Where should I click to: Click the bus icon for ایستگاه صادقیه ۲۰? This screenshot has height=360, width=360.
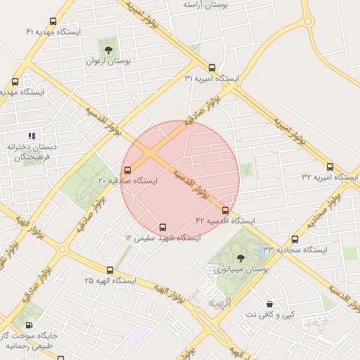(127, 170)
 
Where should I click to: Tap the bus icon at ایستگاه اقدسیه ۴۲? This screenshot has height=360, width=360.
(225, 210)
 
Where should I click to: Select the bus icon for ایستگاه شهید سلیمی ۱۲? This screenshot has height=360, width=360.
(163, 228)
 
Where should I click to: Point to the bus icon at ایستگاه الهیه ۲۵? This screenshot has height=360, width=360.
(110, 270)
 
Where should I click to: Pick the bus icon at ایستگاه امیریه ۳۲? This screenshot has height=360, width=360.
(330, 167)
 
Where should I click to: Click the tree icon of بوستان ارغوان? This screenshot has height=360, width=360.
(108, 49)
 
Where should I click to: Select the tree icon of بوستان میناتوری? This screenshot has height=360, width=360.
(241, 258)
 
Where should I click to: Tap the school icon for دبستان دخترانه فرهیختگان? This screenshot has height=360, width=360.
(31, 135)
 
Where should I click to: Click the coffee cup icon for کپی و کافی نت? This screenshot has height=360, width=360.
(269, 304)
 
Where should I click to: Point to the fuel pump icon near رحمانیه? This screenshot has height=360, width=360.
(28, 325)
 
